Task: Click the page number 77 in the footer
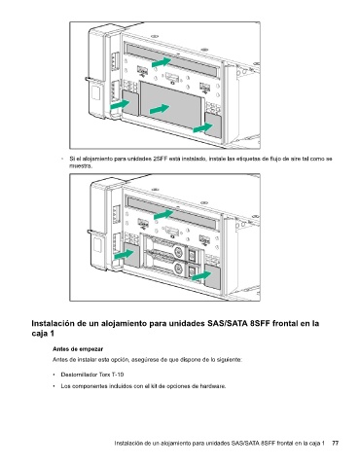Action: (336, 443)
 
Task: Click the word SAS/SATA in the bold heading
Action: (227, 323)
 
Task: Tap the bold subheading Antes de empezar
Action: (78, 349)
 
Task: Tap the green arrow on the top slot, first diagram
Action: (162, 62)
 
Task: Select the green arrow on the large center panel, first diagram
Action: (160, 109)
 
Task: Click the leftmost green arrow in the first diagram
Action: (120, 104)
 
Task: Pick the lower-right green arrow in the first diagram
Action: (202, 127)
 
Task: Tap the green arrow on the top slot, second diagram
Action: (163, 214)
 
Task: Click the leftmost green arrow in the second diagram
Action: (125, 254)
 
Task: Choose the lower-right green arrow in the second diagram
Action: (201, 276)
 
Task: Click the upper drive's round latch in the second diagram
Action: (179, 251)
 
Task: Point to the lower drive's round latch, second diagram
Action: (179, 269)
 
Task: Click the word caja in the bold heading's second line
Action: (39, 334)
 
